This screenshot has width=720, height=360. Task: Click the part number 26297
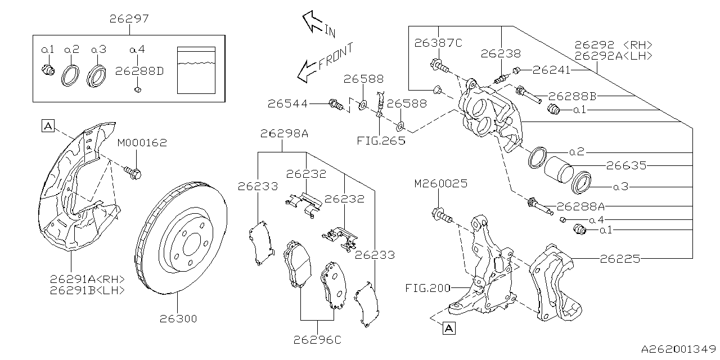[x=129, y=19]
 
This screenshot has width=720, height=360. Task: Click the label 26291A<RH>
[x=87, y=279]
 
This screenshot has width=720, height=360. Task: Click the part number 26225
[x=619, y=259]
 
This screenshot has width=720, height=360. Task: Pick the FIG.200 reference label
[x=427, y=289]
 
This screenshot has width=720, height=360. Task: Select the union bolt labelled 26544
[x=336, y=104]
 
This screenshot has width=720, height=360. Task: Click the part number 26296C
[x=318, y=339]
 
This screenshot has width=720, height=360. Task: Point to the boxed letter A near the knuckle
[x=448, y=328]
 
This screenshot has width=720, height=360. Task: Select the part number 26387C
[x=438, y=43]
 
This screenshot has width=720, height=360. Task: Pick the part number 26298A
[x=284, y=133]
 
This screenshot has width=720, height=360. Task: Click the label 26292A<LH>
[x=613, y=56]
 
